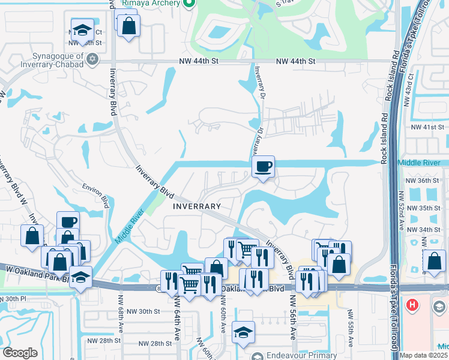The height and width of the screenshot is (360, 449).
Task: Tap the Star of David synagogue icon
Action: point(92,59)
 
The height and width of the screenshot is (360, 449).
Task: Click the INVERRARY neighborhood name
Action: point(197,206)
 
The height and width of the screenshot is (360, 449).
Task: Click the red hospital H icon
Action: point(412,305)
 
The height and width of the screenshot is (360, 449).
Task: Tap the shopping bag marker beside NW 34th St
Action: point(434,261)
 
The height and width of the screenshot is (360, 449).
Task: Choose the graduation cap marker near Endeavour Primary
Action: point(243,332)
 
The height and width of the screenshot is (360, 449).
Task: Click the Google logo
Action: point(20,353)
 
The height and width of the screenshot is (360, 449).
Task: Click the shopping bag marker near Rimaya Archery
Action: point(128,26)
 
